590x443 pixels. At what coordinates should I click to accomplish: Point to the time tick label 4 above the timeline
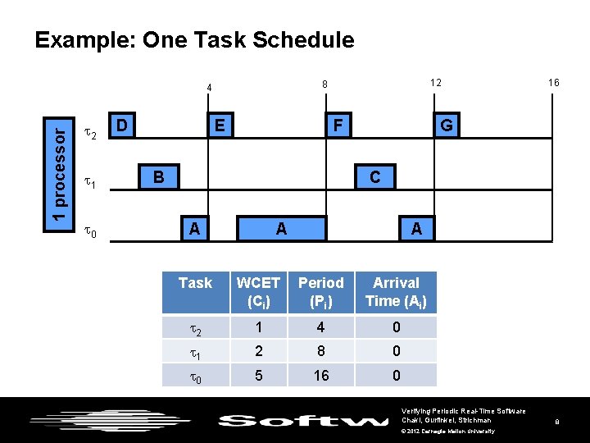tap(209, 88)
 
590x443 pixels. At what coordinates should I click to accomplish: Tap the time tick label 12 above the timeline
tap(437, 83)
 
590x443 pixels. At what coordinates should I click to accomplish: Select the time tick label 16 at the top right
tap(554, 83)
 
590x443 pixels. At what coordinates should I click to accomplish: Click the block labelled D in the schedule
tap(121, 126)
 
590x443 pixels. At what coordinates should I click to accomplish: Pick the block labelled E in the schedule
tap(218, 126)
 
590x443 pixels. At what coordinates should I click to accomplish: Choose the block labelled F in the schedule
tap(337, 126)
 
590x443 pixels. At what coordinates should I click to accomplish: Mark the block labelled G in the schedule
tap(447, 126)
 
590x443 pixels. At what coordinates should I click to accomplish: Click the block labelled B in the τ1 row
tap(158, 176)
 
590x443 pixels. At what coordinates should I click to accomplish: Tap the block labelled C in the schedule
tap(374, 176)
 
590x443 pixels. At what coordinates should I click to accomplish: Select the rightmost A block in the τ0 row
tap(416, 229)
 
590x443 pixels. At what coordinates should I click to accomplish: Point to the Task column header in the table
tap(195, 283)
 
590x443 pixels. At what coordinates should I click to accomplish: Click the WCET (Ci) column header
tap(258, 292)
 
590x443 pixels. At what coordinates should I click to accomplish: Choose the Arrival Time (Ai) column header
tap(396, 292)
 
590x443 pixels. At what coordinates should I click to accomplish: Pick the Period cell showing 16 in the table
tap(320, 375)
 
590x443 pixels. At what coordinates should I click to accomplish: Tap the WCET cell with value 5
tap(258, 375)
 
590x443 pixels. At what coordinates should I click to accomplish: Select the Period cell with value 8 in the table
tap(320, 351)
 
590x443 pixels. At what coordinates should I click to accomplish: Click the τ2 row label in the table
tap(195, 327)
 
